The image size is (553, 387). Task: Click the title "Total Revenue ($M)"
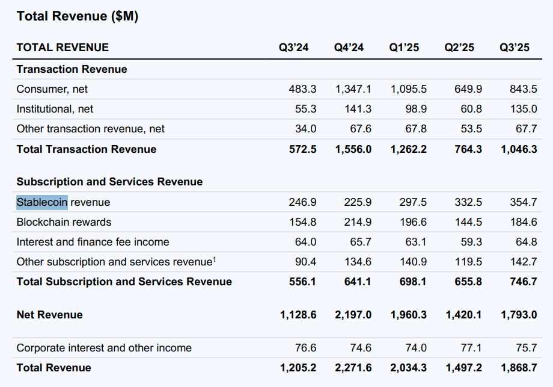point(78,16)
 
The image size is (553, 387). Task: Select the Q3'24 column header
point(293,48)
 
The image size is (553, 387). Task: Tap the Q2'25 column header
point(459,48)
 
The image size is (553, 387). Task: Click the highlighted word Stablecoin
point(42,202)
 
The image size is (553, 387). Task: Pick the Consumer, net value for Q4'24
point(353,89)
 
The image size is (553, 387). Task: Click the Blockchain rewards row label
point(64,222)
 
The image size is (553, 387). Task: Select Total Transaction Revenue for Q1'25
point(408,149)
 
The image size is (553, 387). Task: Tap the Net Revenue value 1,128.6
point(298,315)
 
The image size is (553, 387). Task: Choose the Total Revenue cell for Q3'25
point(519,368)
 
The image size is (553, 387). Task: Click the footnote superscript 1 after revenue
point(214,259)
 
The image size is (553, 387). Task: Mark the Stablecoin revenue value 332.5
point(468,202)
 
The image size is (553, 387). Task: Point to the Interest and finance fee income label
point(93,242)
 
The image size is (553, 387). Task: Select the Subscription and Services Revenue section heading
point(109,182)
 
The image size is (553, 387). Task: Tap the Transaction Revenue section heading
point(72,69)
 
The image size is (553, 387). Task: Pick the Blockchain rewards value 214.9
point(358,222)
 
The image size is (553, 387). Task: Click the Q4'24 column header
point(349,48)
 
